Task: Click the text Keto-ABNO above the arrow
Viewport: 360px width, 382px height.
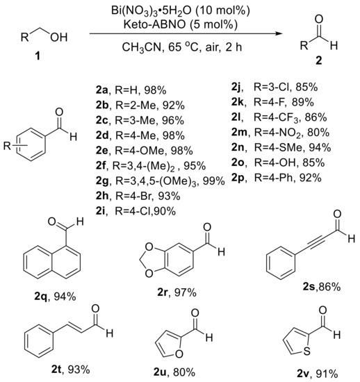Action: (x=154, y=24)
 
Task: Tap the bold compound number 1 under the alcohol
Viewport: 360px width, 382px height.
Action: (x=38, y=56)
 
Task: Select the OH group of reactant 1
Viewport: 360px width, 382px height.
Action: (x=58, y=38)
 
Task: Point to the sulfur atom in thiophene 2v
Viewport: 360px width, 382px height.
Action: (x=306, y=351)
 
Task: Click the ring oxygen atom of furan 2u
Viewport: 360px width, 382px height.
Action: (x=179, y=354)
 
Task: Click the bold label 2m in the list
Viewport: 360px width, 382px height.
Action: (x=239, y=132)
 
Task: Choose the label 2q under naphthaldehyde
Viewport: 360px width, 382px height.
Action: (x=42, y=297)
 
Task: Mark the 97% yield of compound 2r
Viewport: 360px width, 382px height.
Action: (x=186, y=292)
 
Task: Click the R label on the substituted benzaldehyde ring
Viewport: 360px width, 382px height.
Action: (x=7, y=146)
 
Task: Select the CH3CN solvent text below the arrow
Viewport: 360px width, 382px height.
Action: (x=141, y=47)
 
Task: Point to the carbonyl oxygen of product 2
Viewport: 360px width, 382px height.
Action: (x=319, y=19)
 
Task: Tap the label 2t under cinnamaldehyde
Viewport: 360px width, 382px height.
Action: (x=57, y=369)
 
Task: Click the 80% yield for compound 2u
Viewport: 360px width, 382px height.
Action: (x=184, y=372)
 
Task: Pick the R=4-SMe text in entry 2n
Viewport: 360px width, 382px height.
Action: (x=279, y=147)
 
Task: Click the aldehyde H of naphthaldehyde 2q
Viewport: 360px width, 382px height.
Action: (x=80, y=222)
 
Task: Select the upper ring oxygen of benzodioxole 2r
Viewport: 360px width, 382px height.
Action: (x=149, y=247)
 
